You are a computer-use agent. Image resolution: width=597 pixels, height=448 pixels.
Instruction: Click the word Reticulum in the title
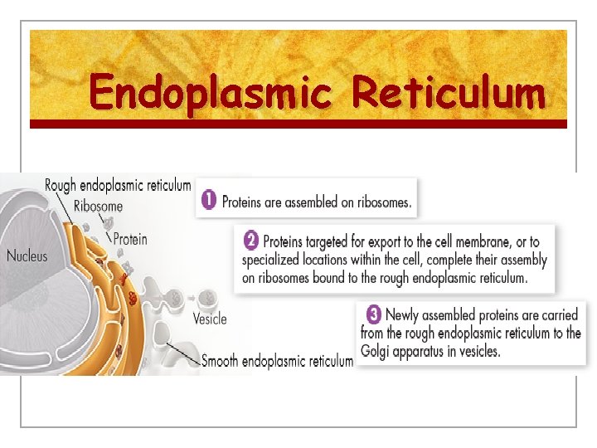click(449, 93)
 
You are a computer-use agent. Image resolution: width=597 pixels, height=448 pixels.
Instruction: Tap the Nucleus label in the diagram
click(27, 256)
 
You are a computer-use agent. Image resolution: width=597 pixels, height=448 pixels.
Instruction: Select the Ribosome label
click(99, 207)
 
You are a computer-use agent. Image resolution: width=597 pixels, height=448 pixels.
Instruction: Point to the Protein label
click(130, 240)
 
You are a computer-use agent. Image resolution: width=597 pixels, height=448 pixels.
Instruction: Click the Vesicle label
click(210, 319)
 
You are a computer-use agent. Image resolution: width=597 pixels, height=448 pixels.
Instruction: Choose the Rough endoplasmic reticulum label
click(118, 186)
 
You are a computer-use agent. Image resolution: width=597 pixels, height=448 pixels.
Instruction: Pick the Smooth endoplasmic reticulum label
click(278, 361)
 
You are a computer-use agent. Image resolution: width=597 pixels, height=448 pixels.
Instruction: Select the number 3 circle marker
click(374, 315)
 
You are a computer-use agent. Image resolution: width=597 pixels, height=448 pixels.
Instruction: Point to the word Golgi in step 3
click(377, 352)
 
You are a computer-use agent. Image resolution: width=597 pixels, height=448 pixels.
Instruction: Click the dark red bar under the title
click(298, 124)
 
